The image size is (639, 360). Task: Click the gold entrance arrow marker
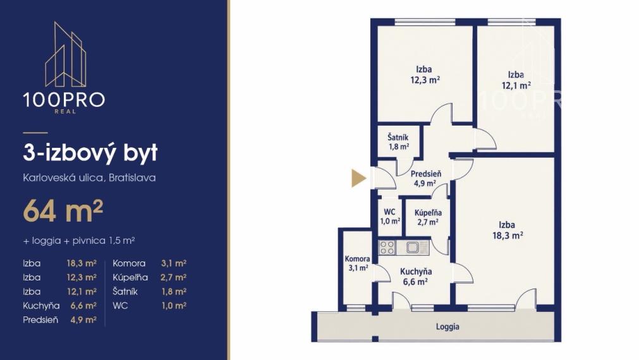pyautogui.click(x=358, y=178)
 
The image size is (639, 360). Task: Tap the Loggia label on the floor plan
pyautogui.click(x=447, y=327)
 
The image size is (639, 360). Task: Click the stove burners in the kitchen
pyautogui.click(x=387, y=247)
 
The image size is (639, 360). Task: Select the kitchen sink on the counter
pyautogui.click(x=412, y=247)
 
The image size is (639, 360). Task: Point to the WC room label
pyautogui.click(x=390, y=217)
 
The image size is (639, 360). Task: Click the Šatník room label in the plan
pyautogui.click(x=398, y=141)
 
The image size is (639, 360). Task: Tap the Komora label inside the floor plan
pyautogui.click(x=357, y=263)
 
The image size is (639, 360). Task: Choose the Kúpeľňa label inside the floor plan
pyautogui.click(x=428, y=217)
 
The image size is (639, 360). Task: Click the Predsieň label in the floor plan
pyautogui.click(x=426, y=178)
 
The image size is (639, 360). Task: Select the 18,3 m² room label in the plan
pyautogui.click(x=507, y=230)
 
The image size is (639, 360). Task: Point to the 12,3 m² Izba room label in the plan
pyautogui.click(x=425, y=75)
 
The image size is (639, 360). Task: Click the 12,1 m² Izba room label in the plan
pyautogui.click(x=516, y=80)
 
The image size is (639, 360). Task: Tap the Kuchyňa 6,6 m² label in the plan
pyautogui.click(x=415, y=277)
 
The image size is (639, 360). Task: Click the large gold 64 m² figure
pyautogui.click(x=63, y=211)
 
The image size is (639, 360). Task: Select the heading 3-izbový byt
pyautogui.click(x=90, y=153)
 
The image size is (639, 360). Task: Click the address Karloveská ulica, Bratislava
pyautogui.click(x=89, y=177)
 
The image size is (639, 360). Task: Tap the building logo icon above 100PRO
pyautogui.click(x=65, y=54)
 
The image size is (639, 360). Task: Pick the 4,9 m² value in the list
pyautogui.click(x=83, y=320)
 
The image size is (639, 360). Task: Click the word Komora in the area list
pyautogui.click(x=129, y=263)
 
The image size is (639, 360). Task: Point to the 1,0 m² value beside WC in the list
pyautogui.click(x=174, y=306)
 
